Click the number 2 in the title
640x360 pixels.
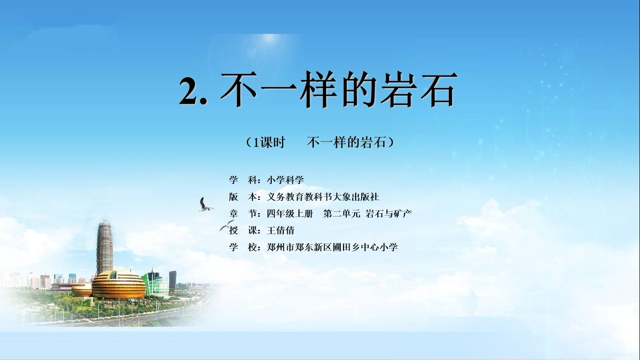tap(188, 91)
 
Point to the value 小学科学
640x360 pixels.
tap(285, 180)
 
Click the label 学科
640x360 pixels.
tap(243, 180)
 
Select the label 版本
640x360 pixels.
tap(243, 197)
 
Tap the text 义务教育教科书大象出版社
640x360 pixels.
tap(323, 197)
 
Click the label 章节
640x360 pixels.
tap(243, 214)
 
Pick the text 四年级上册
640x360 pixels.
tap(290, 214)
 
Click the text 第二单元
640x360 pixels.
tap(342, 214)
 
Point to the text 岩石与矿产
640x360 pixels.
tap(388, 214)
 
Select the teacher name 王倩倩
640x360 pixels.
tap(281, 231)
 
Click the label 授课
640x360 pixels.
tap(243, 231)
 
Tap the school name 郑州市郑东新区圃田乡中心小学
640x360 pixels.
tap(332, 247)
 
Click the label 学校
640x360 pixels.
tap(243, 247)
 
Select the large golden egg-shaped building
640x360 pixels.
tap(119, 285)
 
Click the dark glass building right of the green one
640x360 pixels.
tap(172, 280)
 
